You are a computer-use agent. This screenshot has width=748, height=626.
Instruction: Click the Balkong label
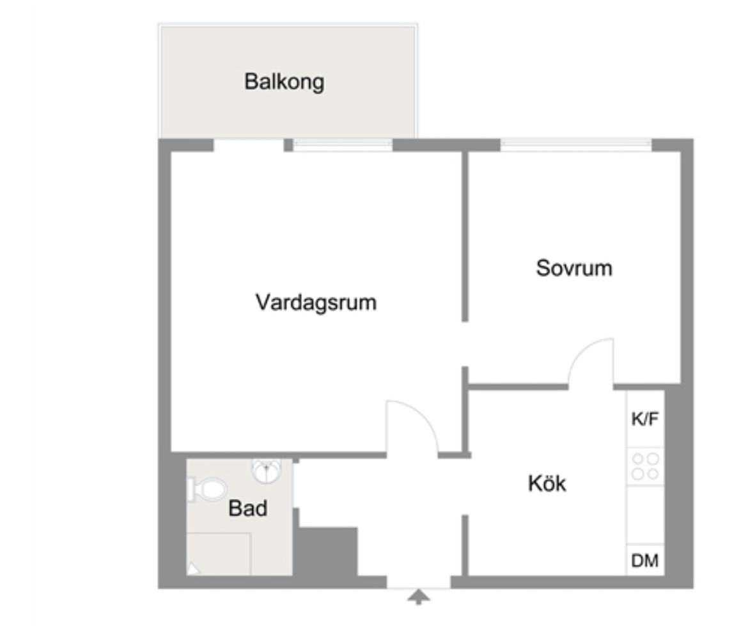pos(284,82)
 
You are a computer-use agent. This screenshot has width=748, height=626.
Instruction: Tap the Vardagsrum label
pos(316,302)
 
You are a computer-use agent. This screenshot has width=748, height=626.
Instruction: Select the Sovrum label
pos(574,268)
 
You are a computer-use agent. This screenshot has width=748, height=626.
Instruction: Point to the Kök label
pos(547,483)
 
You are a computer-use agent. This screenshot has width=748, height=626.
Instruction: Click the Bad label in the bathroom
pos(247,508)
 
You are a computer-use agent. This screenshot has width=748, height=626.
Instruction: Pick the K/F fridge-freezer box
pos(645,418)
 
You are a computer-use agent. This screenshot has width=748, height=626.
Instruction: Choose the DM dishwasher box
pos(645,559)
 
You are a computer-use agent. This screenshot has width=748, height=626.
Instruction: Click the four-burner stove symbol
pos(645,466)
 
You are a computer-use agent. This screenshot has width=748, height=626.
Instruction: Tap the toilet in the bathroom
pos(208,490)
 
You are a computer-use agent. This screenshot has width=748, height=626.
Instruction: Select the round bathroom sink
pos(266,471)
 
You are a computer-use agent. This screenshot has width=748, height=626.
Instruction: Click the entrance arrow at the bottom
pos(418,597)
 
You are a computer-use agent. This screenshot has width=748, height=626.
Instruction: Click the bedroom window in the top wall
pos(576,145)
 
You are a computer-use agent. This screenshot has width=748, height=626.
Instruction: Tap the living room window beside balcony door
pos(343,145)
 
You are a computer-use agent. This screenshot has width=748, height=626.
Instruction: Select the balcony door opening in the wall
pos(249,145)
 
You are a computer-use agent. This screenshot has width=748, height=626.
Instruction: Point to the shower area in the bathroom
pos(219,554)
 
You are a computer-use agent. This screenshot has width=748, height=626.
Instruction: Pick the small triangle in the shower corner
pos(193,568)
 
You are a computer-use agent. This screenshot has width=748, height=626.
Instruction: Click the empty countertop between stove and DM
pos(645,515)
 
